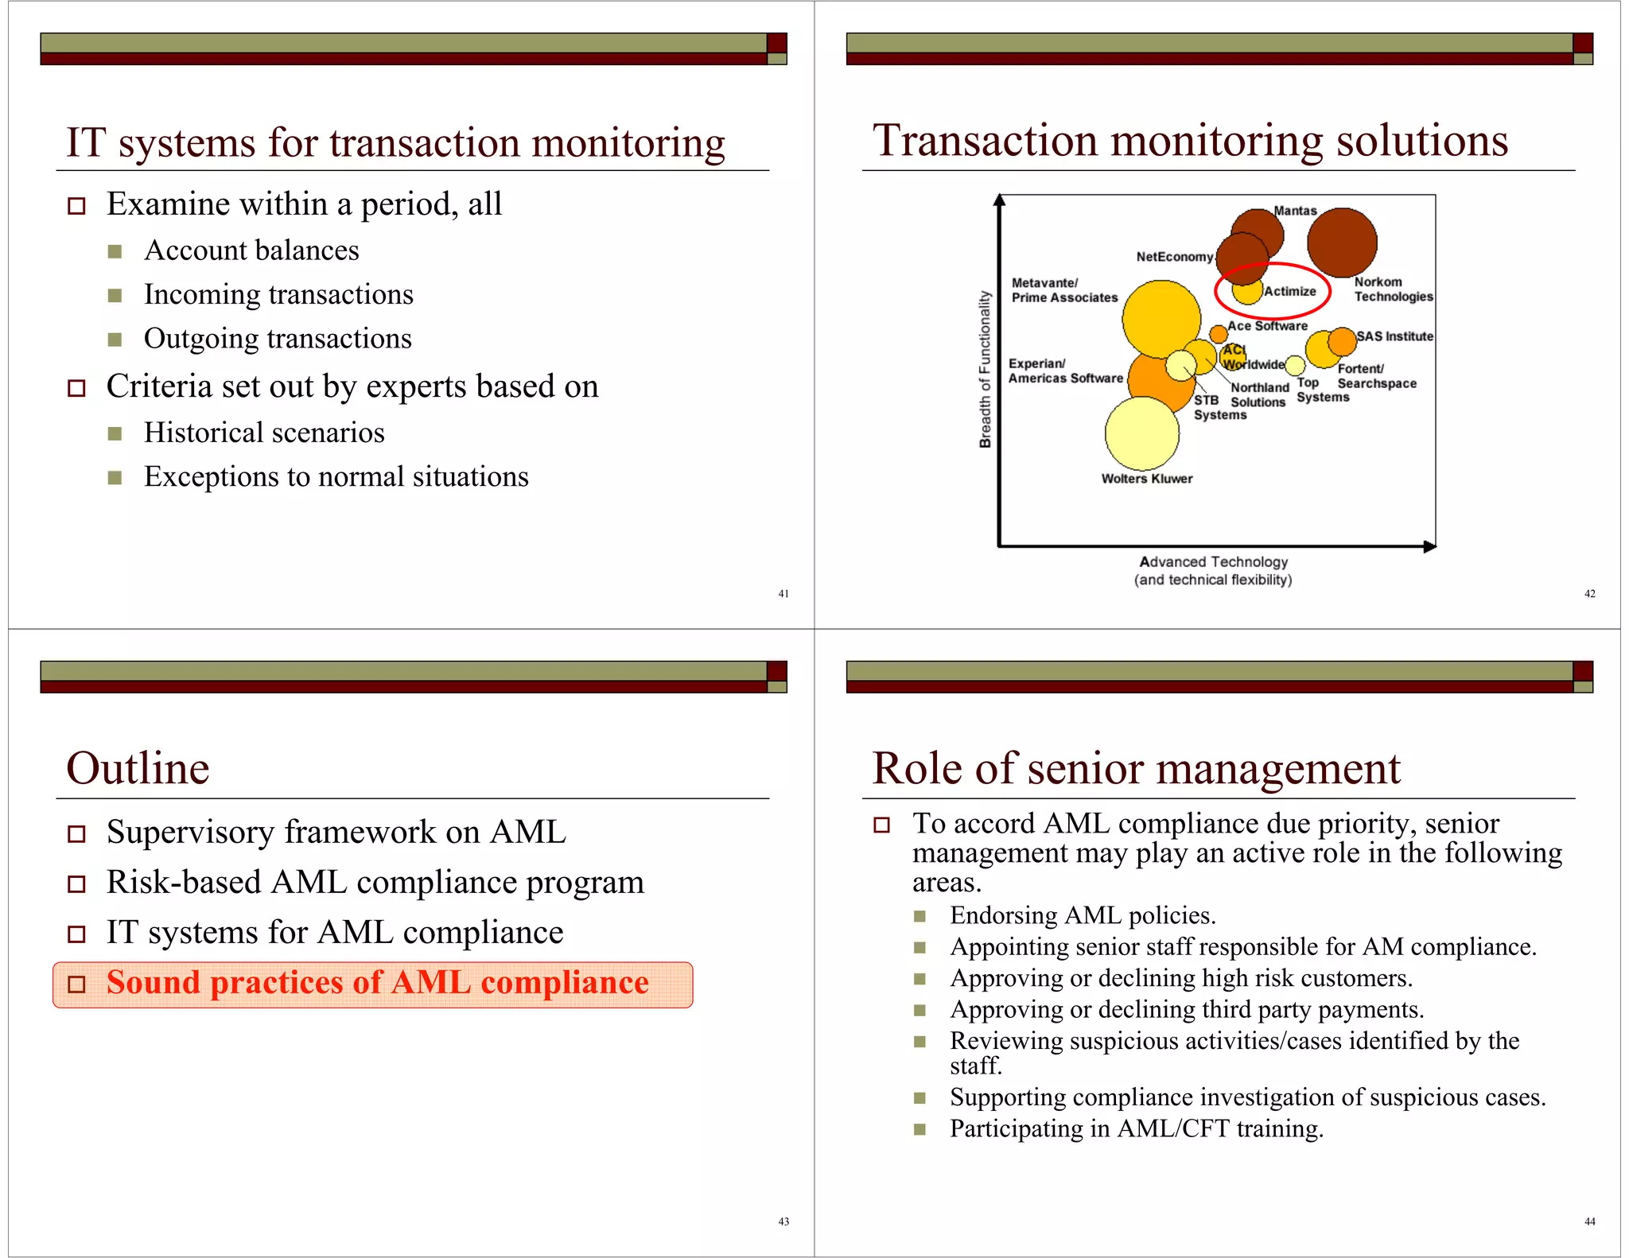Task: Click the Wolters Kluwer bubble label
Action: click(x=1146, y=479)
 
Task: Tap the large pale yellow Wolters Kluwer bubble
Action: click(x=1141, y=433)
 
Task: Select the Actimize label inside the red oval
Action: click(x=1289, y=291)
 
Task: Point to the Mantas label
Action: click(x=1295, y=211)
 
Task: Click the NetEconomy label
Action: click(x=1174, y=257)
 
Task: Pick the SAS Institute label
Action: click(x=1394, y=336)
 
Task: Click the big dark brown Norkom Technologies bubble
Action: click(x=1342, y=243)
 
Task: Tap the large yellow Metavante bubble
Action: click(x=1161, y=318)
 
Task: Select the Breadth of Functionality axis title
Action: click(x=986, y=369)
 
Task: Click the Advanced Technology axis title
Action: click(x=1213, y=562)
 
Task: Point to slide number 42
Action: click(x=1589, y=593)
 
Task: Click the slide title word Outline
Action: click(x=138, y=768)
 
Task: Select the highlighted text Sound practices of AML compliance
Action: click(x=377, y=983)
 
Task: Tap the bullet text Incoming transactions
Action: click(x=278, y=295)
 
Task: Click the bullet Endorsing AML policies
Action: click(x=1083, y=915)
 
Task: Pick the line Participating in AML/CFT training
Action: click(x=1136, y=1128)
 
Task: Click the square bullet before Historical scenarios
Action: click(x=115, y=433)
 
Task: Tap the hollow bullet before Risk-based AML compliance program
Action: click(x=76, y=883)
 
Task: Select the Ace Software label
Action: click(x=1267, y=326)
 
